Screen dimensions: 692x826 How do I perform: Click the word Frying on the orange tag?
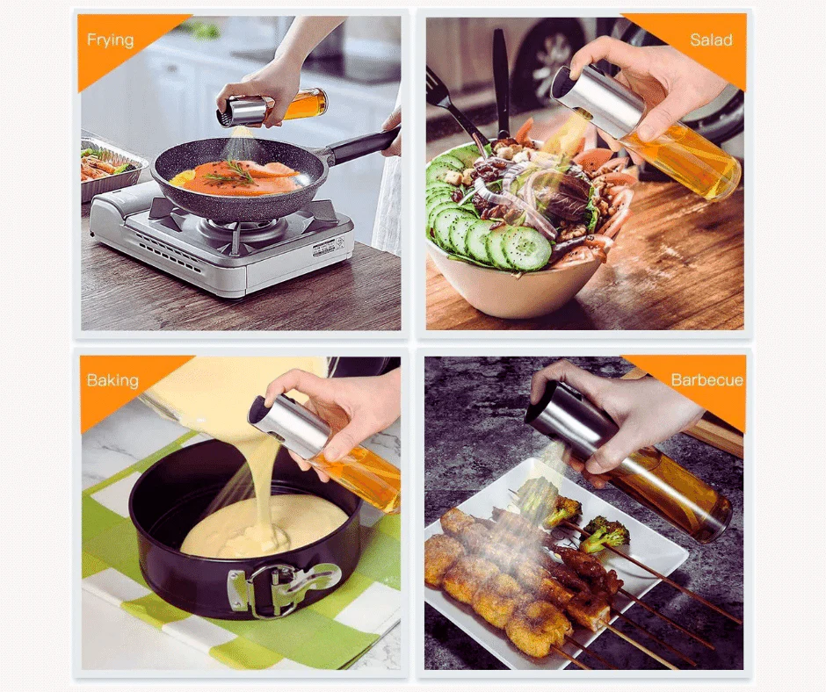[110, 40]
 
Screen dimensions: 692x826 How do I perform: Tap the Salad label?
[711, 40]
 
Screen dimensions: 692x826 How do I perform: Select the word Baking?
[112, 380]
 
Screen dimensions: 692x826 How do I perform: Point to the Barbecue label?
[706, 380]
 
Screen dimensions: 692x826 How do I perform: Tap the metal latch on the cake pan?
[283, 586]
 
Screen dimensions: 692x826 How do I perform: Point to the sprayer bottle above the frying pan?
[272, 107]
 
